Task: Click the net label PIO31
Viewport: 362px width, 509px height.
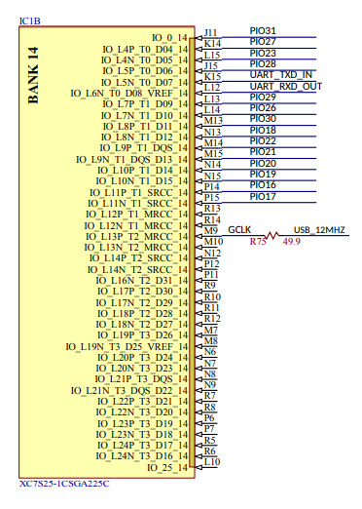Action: (263, 30)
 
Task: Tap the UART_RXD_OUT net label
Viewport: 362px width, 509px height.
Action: (285, 87)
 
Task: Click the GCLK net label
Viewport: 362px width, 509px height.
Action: (240, 228)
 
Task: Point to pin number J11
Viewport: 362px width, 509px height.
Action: (211, 32)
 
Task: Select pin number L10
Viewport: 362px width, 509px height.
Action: (211, 461)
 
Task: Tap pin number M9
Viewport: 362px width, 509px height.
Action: (211, 230)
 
